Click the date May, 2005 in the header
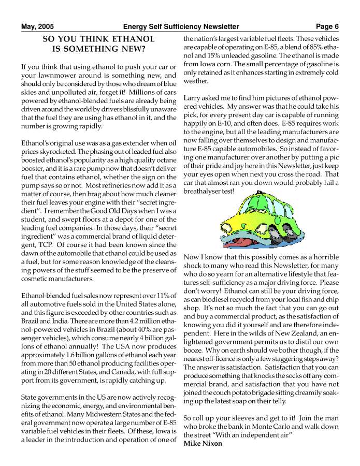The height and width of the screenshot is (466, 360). pyautogui.click(x=37, y=26)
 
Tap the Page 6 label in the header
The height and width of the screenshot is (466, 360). pyautogui.click(x=327, y=26)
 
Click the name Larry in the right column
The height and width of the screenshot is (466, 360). pyautogui.click(x=193, y=98)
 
